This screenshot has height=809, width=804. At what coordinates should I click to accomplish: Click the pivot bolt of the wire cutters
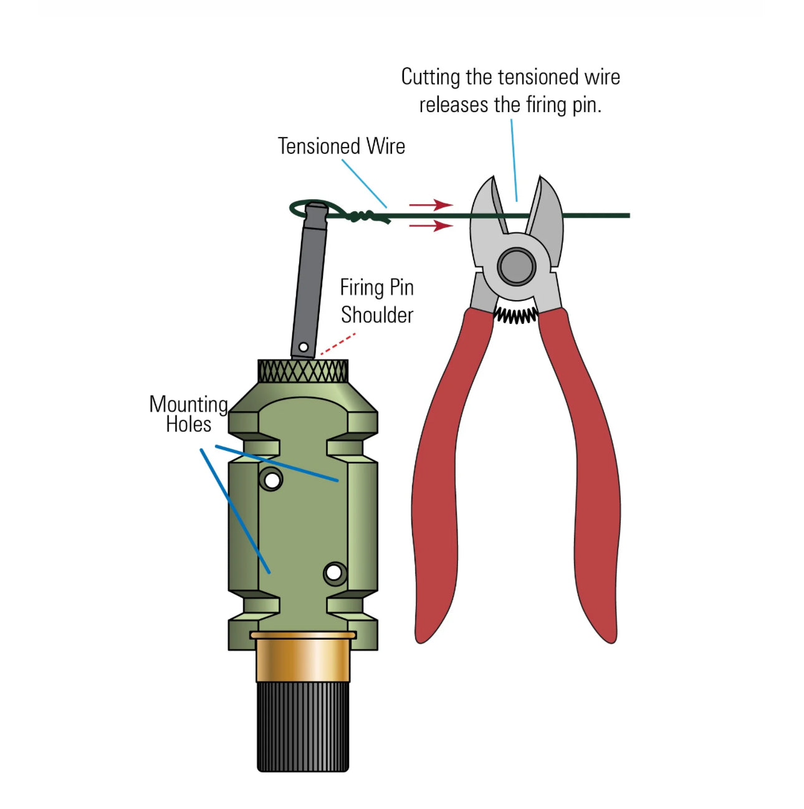point(516,266)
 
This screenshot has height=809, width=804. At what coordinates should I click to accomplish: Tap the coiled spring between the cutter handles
point(515,315)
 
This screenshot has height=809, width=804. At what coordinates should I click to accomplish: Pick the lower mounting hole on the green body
point(334,573)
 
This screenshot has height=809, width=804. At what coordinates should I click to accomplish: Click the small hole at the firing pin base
point(304,347)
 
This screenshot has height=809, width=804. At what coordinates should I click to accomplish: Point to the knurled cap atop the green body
point(303,371)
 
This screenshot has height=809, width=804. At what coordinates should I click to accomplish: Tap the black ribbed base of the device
point(303,727)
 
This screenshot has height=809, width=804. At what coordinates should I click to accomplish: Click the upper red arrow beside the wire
point(431,205)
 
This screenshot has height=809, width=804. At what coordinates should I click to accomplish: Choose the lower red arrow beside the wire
point(431,226)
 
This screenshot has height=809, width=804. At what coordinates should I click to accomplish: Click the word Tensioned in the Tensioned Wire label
point(318,146)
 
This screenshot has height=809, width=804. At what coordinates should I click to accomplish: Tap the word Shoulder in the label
point(377,315)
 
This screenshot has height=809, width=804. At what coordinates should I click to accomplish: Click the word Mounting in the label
point(189,405)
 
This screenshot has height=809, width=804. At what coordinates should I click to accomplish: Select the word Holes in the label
point(188,424)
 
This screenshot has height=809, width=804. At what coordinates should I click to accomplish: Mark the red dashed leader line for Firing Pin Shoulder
point(338,344)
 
